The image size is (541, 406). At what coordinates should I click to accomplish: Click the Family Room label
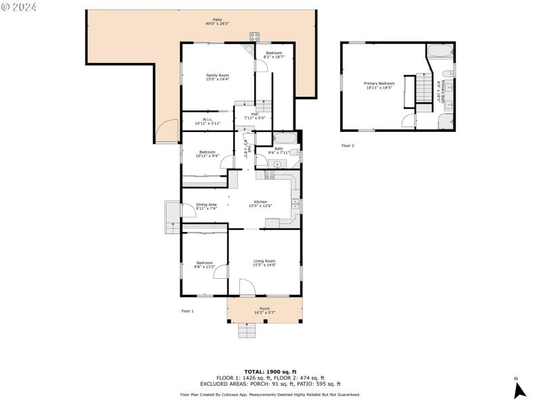[x=217, y=75]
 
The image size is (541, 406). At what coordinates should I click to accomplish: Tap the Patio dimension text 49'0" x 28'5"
[x=218, y=24]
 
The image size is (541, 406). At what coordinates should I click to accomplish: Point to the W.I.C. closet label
[x=208, y=120]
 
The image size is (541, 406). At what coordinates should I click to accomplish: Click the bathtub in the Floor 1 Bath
[x=285, y=138]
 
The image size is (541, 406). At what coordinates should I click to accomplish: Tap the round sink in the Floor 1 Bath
[x=277, y=164]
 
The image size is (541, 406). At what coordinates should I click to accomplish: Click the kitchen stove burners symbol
[x=269, y=175]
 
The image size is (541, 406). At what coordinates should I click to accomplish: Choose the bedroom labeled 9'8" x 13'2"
[x=205, y=263]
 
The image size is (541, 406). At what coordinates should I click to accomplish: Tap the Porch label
[x=264, y=309]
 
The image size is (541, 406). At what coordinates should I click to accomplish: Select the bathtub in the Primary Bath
[x=440, y=51]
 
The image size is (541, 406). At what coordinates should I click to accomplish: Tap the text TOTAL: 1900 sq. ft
[x=270, y=371]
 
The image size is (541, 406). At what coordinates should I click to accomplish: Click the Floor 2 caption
[x=348, y=145]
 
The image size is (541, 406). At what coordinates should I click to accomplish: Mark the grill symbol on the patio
[x=255, y=37]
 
